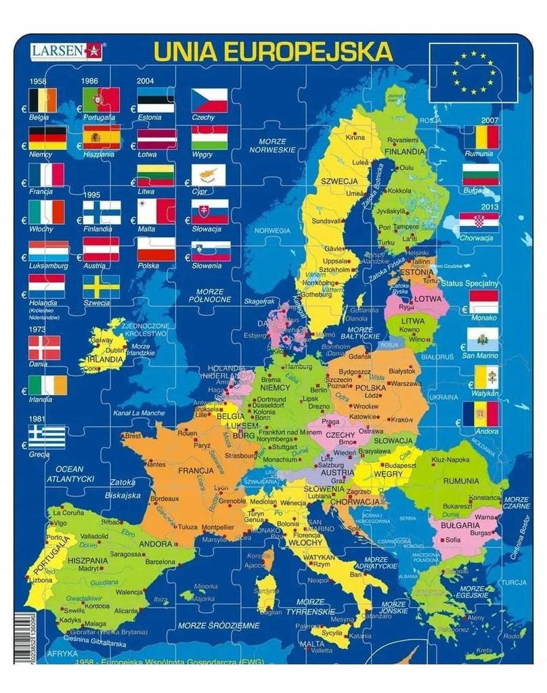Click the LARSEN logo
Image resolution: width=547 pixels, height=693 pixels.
(66, 50)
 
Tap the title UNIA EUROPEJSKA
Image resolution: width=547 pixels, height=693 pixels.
(273, 51)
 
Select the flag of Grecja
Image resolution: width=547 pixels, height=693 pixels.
(47, 437)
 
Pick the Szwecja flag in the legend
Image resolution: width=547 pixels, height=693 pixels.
(101, 287)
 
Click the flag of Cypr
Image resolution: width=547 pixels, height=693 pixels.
(209, 175)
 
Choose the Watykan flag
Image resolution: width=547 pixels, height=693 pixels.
(485, 377)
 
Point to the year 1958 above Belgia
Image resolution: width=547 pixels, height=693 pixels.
(37, 81)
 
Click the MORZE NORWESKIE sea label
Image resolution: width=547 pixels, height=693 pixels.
(278, 146)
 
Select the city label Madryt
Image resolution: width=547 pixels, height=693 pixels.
(88, 568)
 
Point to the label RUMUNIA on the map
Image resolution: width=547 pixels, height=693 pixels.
(460, 481)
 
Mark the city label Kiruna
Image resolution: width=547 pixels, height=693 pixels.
(356, 137)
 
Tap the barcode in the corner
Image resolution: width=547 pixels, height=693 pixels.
(21, 636)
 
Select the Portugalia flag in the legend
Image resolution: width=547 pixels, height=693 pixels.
(101, 100)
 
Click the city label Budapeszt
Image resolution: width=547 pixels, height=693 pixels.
(397, 466)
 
